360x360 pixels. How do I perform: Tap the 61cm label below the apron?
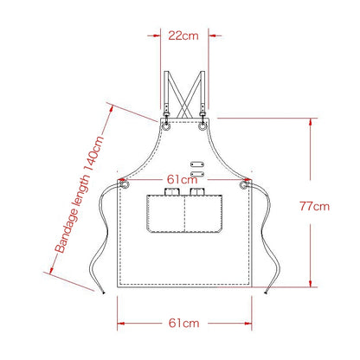coord(183,322)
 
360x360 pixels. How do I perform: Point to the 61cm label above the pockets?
coord(183,178)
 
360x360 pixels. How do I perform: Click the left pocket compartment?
coord(164,215)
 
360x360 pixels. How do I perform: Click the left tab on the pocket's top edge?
coord(170,192)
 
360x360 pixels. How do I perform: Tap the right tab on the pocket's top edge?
coord(197,192)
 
